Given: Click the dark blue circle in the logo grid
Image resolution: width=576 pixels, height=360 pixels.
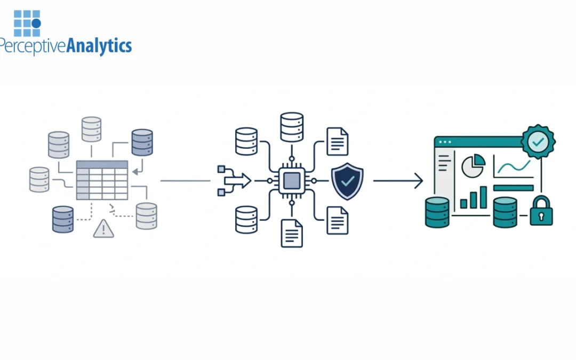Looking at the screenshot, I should point(36,23).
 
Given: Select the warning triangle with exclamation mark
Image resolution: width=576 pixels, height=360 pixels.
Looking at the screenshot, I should point(103,229).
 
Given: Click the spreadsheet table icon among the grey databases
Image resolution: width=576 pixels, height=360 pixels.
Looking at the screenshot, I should point(102,180).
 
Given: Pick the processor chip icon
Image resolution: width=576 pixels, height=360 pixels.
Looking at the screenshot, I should point(291,181).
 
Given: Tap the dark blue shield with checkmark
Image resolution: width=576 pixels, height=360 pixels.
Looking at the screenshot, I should point(347,181).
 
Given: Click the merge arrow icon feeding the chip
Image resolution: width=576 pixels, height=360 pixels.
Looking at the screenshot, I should point(234,181).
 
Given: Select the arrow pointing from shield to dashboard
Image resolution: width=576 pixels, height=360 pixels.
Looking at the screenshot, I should point(397,181).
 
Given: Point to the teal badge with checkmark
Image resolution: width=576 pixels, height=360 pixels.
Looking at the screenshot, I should point(538,141).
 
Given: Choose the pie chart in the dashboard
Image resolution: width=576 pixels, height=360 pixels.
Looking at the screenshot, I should point(473,165).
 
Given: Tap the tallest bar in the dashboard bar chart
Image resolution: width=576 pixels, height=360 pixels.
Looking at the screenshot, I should point(483,197).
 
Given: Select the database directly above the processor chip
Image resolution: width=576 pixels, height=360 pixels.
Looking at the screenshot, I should point(292,127).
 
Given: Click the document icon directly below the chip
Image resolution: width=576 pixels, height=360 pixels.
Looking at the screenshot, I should point(292,233).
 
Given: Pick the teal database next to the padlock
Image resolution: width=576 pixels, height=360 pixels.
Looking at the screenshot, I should point(505,212).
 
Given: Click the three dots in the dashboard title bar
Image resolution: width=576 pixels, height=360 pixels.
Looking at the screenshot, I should point(444,142).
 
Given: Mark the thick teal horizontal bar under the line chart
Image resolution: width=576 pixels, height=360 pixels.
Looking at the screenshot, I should point(513,188).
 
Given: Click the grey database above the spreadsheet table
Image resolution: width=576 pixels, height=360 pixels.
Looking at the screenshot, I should point(91,130).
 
